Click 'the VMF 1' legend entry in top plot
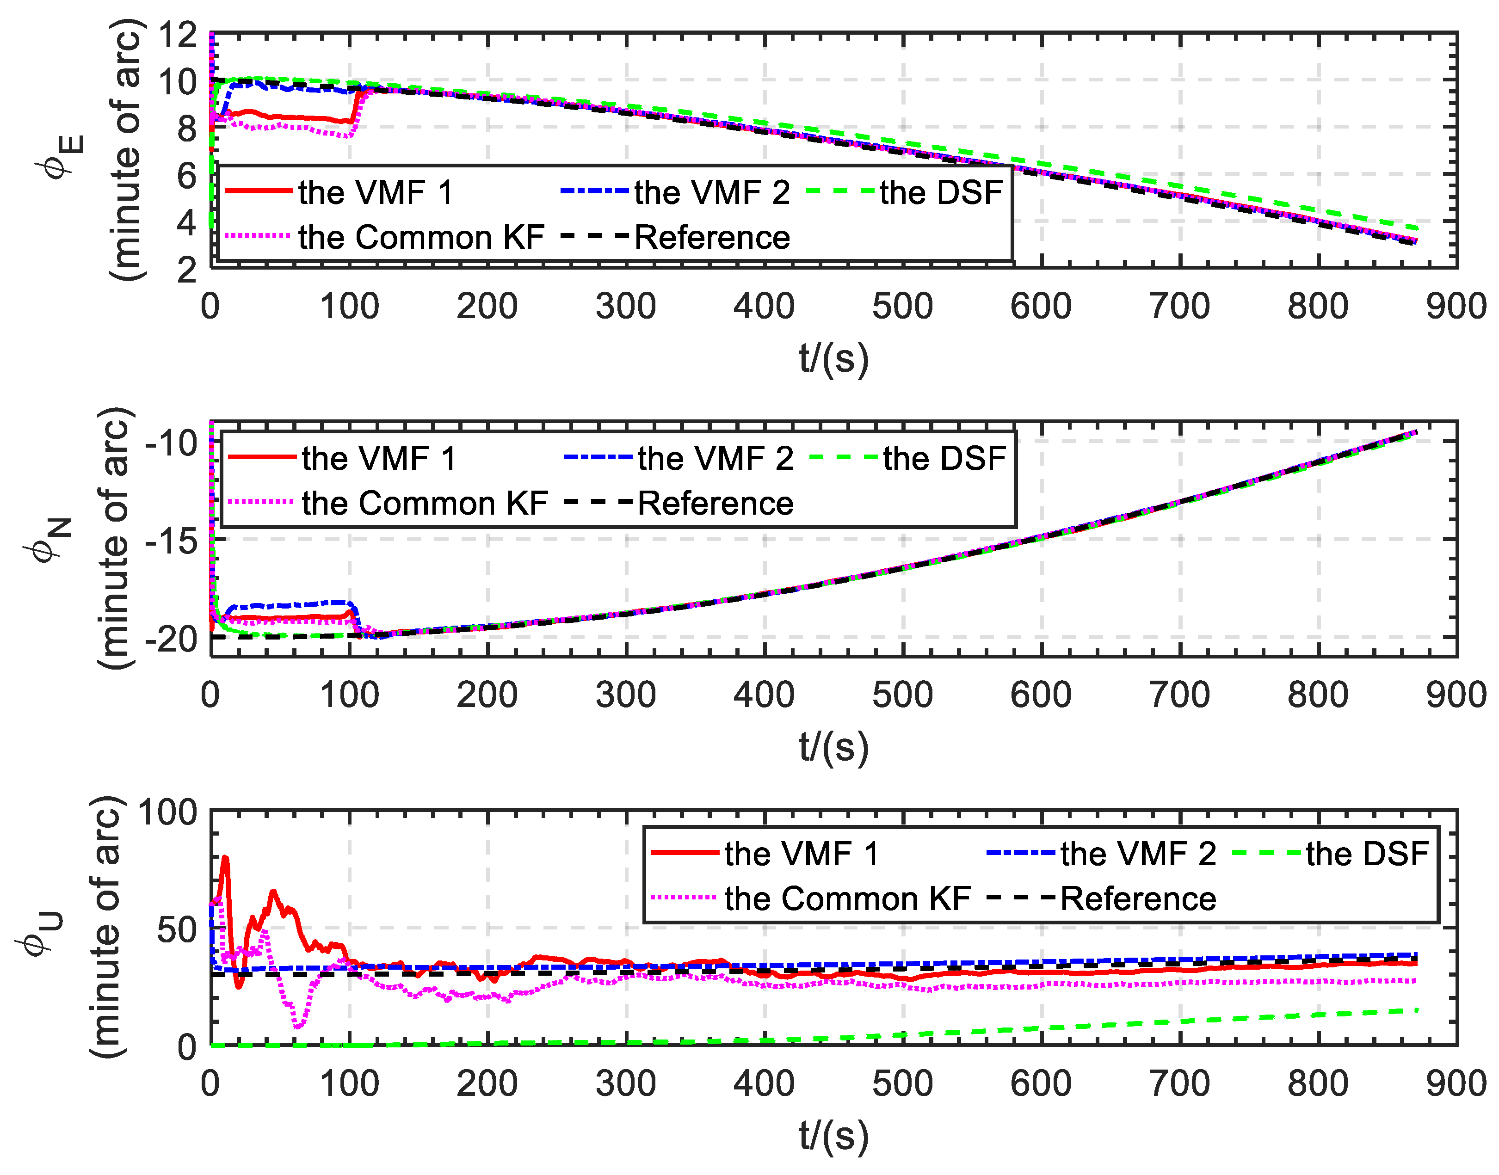375,192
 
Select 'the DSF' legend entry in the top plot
940,192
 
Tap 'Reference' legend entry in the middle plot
716,503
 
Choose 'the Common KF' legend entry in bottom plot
847,898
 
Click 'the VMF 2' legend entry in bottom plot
1138,854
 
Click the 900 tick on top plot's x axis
1456,306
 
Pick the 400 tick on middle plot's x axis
764,695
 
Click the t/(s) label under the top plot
834,358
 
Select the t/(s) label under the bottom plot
834,1136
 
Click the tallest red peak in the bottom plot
225,858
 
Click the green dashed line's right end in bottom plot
1417,1009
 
